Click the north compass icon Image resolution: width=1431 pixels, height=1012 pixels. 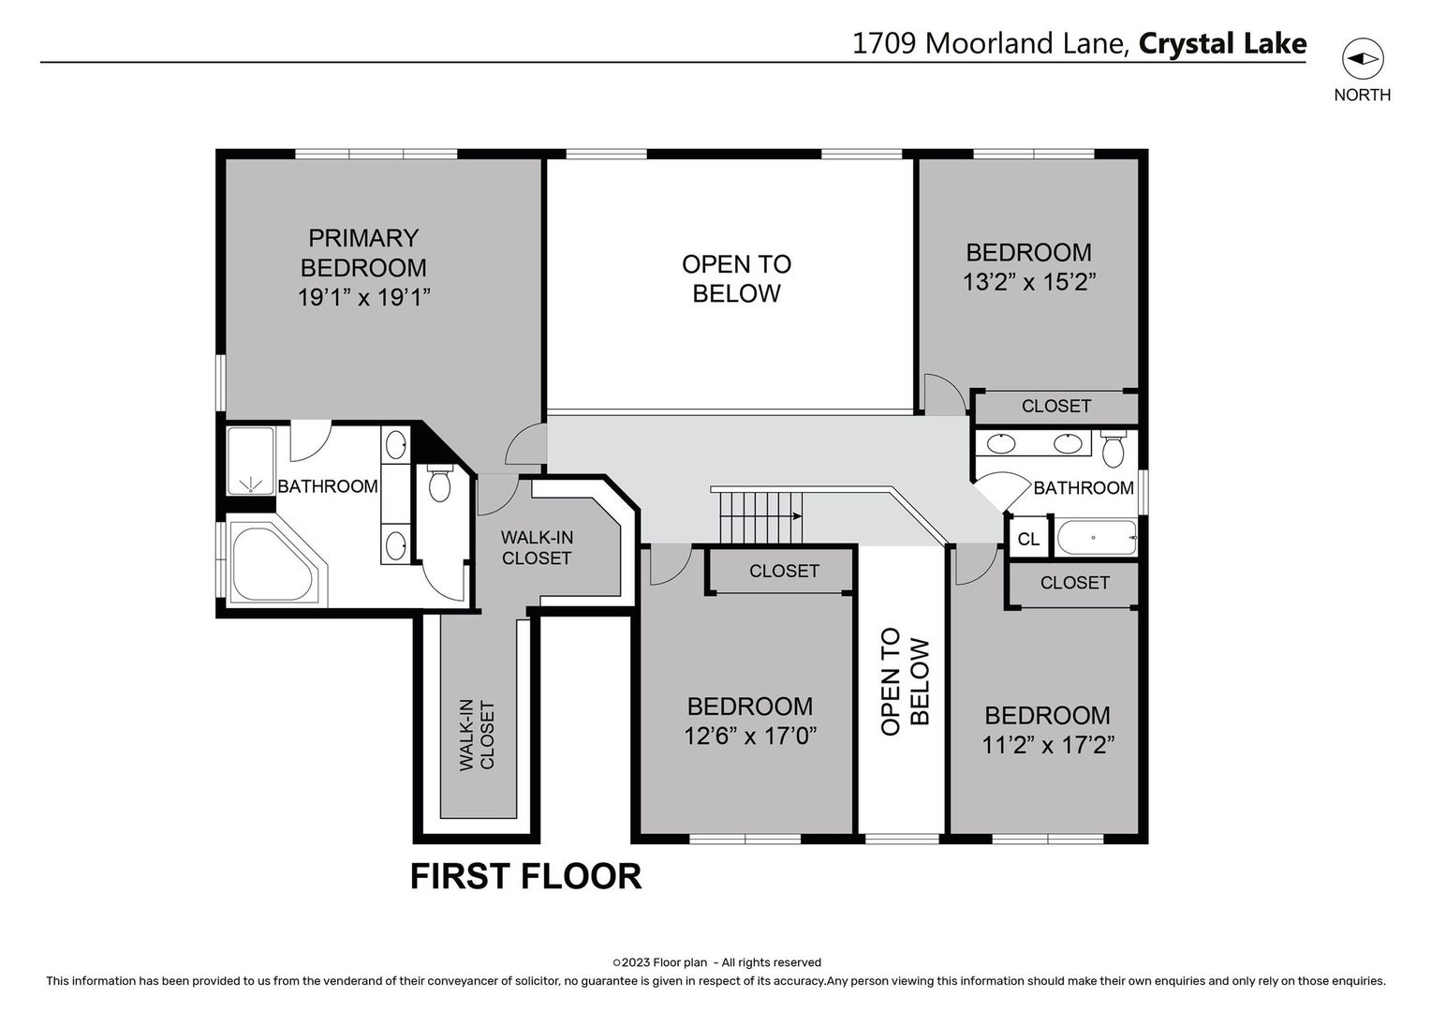1362,59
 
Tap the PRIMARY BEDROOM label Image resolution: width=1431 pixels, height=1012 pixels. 363,253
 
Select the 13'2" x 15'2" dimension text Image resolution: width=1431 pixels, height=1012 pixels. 1029,282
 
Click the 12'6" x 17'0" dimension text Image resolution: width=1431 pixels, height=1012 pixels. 750,737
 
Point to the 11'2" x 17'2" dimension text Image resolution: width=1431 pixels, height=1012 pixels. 1047,746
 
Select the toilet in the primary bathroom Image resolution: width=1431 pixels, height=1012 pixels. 439,483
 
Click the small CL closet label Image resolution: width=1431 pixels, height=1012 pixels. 1028,540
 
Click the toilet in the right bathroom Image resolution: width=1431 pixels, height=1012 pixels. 1113,450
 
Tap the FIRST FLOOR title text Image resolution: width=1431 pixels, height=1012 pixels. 525,876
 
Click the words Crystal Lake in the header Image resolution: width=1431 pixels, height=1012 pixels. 1222,44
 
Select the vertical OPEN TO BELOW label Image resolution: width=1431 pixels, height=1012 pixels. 905,681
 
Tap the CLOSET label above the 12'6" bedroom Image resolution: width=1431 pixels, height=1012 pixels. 784,571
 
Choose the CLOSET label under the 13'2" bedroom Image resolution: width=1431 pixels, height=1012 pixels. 1055,406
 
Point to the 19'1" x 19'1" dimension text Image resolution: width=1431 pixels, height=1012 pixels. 363,298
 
